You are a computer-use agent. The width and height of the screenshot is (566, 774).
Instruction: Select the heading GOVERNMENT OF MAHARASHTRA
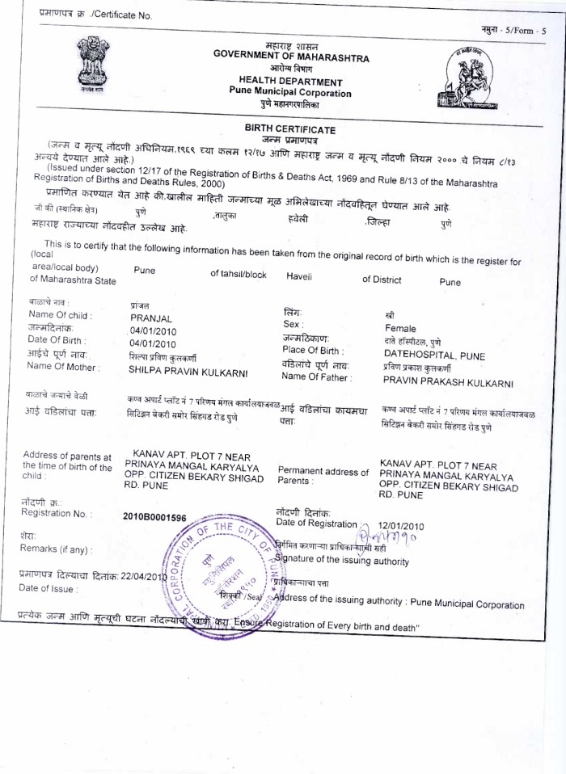291,59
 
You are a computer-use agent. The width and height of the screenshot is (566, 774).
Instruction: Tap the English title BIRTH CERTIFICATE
289,130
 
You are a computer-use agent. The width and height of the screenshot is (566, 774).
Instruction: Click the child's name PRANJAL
150,318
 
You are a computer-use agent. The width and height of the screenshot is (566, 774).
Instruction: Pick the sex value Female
400,329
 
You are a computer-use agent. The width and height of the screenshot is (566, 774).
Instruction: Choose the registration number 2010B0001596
154,517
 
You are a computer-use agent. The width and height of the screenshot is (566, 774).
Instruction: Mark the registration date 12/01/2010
400,526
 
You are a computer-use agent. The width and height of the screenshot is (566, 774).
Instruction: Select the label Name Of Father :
317,376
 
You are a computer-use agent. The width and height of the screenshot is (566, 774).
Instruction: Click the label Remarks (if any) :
56,549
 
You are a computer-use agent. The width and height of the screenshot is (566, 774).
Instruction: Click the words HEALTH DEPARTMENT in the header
290,82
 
